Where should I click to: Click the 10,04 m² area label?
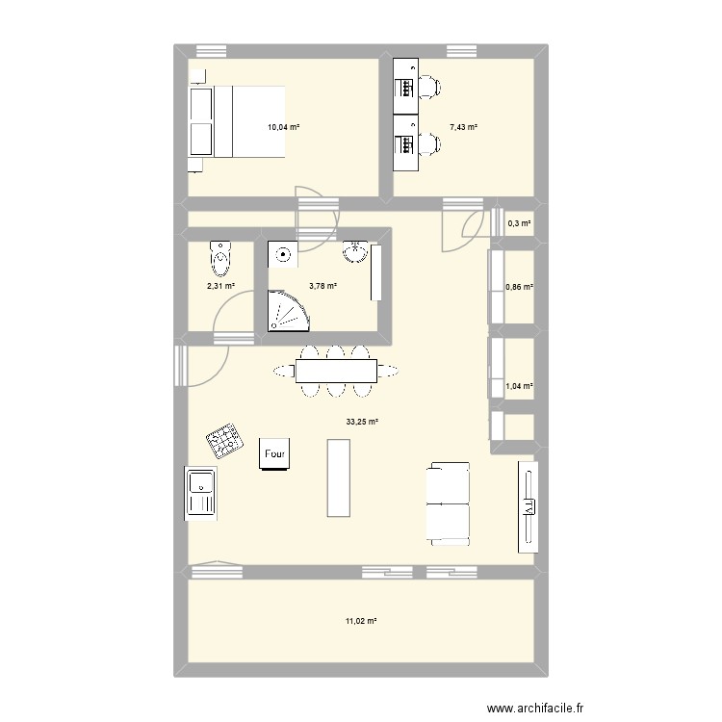click(x=283, y=126)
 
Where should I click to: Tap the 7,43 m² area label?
click(x=463, y=126)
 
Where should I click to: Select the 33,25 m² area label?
click(x=363, y=421)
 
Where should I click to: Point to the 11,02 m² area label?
click(x=361, y=621)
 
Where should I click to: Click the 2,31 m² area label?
click(x=220, y=285)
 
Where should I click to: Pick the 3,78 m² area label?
click(x=322, y=285)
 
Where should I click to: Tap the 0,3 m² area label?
click(x=519, y=224)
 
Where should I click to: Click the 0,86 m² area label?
click(x=519, y=287)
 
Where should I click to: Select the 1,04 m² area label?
click(x=519, y=385)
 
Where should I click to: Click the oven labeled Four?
click(x=273, y=453)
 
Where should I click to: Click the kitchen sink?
click(x=202, y=493)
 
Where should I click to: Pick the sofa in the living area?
click(x=447, y=502)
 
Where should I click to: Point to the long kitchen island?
click(x=338, y=477)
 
